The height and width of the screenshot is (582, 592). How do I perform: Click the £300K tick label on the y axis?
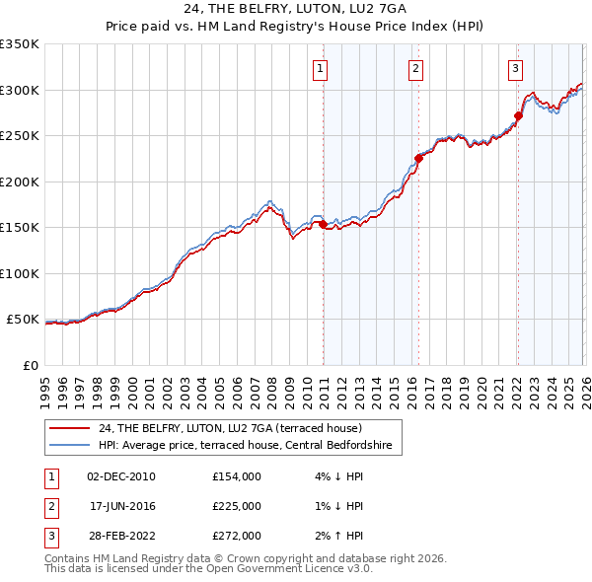coord(19,90)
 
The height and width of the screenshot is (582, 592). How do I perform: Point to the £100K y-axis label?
coord(19,273)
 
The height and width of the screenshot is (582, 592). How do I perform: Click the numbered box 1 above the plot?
coord(322,68)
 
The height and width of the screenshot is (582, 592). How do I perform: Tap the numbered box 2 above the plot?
coord(416,68)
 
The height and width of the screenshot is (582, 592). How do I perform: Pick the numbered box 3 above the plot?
coord(515,68)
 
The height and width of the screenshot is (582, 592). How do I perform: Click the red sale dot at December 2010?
coord(323,225)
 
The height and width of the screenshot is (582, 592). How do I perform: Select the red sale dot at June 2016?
coord(418,158)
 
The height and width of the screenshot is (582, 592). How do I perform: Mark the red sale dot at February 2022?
coord(518,115)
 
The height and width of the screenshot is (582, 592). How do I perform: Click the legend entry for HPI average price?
coord(245,446)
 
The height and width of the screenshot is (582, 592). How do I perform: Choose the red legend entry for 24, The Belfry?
coord(231,428)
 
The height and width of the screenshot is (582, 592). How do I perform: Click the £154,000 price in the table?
coord(236,476)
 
